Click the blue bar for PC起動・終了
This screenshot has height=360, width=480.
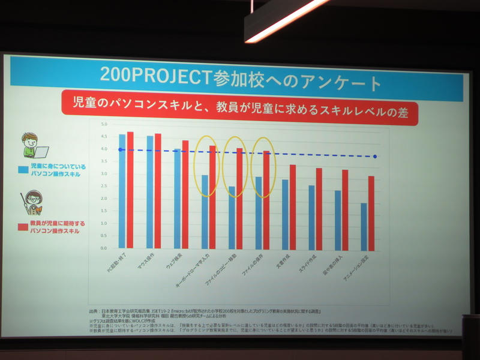(x=122, y=191)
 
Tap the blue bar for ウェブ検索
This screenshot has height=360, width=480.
(x=177, y=199)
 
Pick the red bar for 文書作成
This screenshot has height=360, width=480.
(x=293, y=206)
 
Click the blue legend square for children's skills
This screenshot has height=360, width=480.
(x=22, y=169)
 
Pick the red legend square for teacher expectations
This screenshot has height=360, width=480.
(x=22, y=226)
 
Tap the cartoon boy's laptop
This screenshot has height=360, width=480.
(x=40, y=152)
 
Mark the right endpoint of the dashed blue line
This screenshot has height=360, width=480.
(x=375, y=157)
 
